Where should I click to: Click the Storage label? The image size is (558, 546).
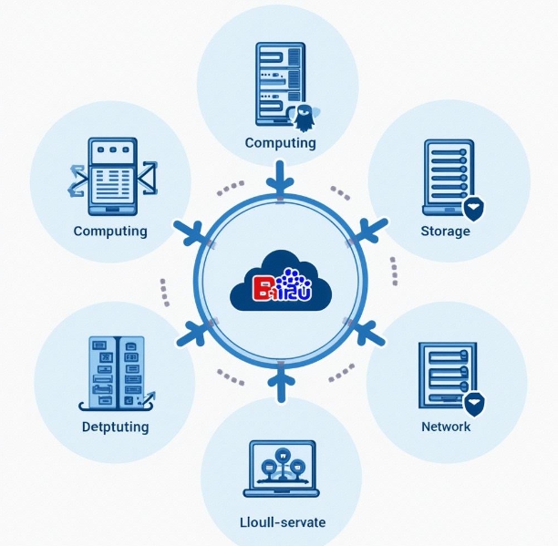(445, 231)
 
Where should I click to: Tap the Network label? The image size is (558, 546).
(446, 427)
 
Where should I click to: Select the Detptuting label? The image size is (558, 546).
(115, 427)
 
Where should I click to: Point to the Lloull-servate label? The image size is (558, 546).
(281, 522)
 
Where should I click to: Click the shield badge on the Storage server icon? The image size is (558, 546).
(473, 209)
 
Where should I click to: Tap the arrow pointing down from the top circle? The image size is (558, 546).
(280, 180)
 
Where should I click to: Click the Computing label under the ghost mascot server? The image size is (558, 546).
(281, 143)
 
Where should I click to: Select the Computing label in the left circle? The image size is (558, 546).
(110, 231)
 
